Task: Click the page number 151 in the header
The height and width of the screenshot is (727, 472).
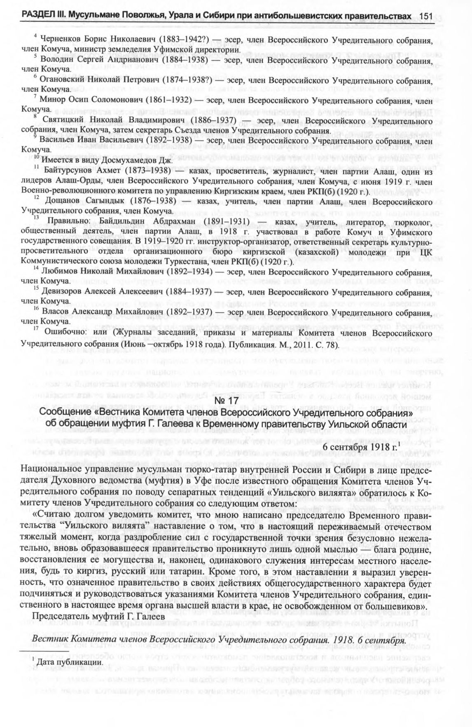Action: [x=426, y=16]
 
